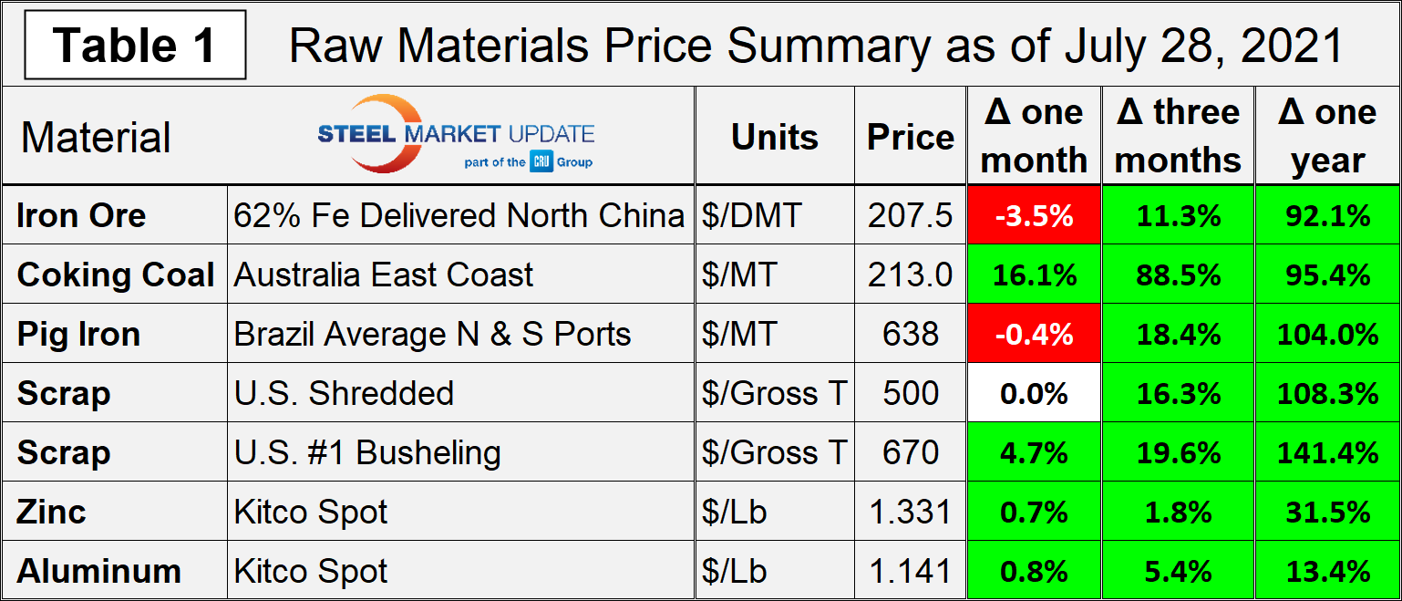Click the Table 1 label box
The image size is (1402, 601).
135,45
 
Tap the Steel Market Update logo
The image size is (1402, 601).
456,135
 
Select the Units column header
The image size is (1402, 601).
774,137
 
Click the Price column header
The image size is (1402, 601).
910,137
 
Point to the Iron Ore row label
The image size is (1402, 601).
81,216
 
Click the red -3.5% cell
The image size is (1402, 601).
1033,216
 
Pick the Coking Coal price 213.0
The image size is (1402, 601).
910,275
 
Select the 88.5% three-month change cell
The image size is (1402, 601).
1178,275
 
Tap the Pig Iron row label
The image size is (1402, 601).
78,335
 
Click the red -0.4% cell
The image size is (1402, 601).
1033,335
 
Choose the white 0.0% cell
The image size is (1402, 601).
1033,394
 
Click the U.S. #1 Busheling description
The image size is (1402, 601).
367,453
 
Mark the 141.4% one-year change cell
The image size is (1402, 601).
1327,453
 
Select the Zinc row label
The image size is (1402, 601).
51,513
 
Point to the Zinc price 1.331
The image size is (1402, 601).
910,513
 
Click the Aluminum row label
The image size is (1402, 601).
98,572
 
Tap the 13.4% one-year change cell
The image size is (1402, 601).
1327,572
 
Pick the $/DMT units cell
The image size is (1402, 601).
752,216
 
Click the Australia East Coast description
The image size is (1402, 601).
384,275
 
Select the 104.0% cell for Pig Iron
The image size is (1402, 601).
1327,335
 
